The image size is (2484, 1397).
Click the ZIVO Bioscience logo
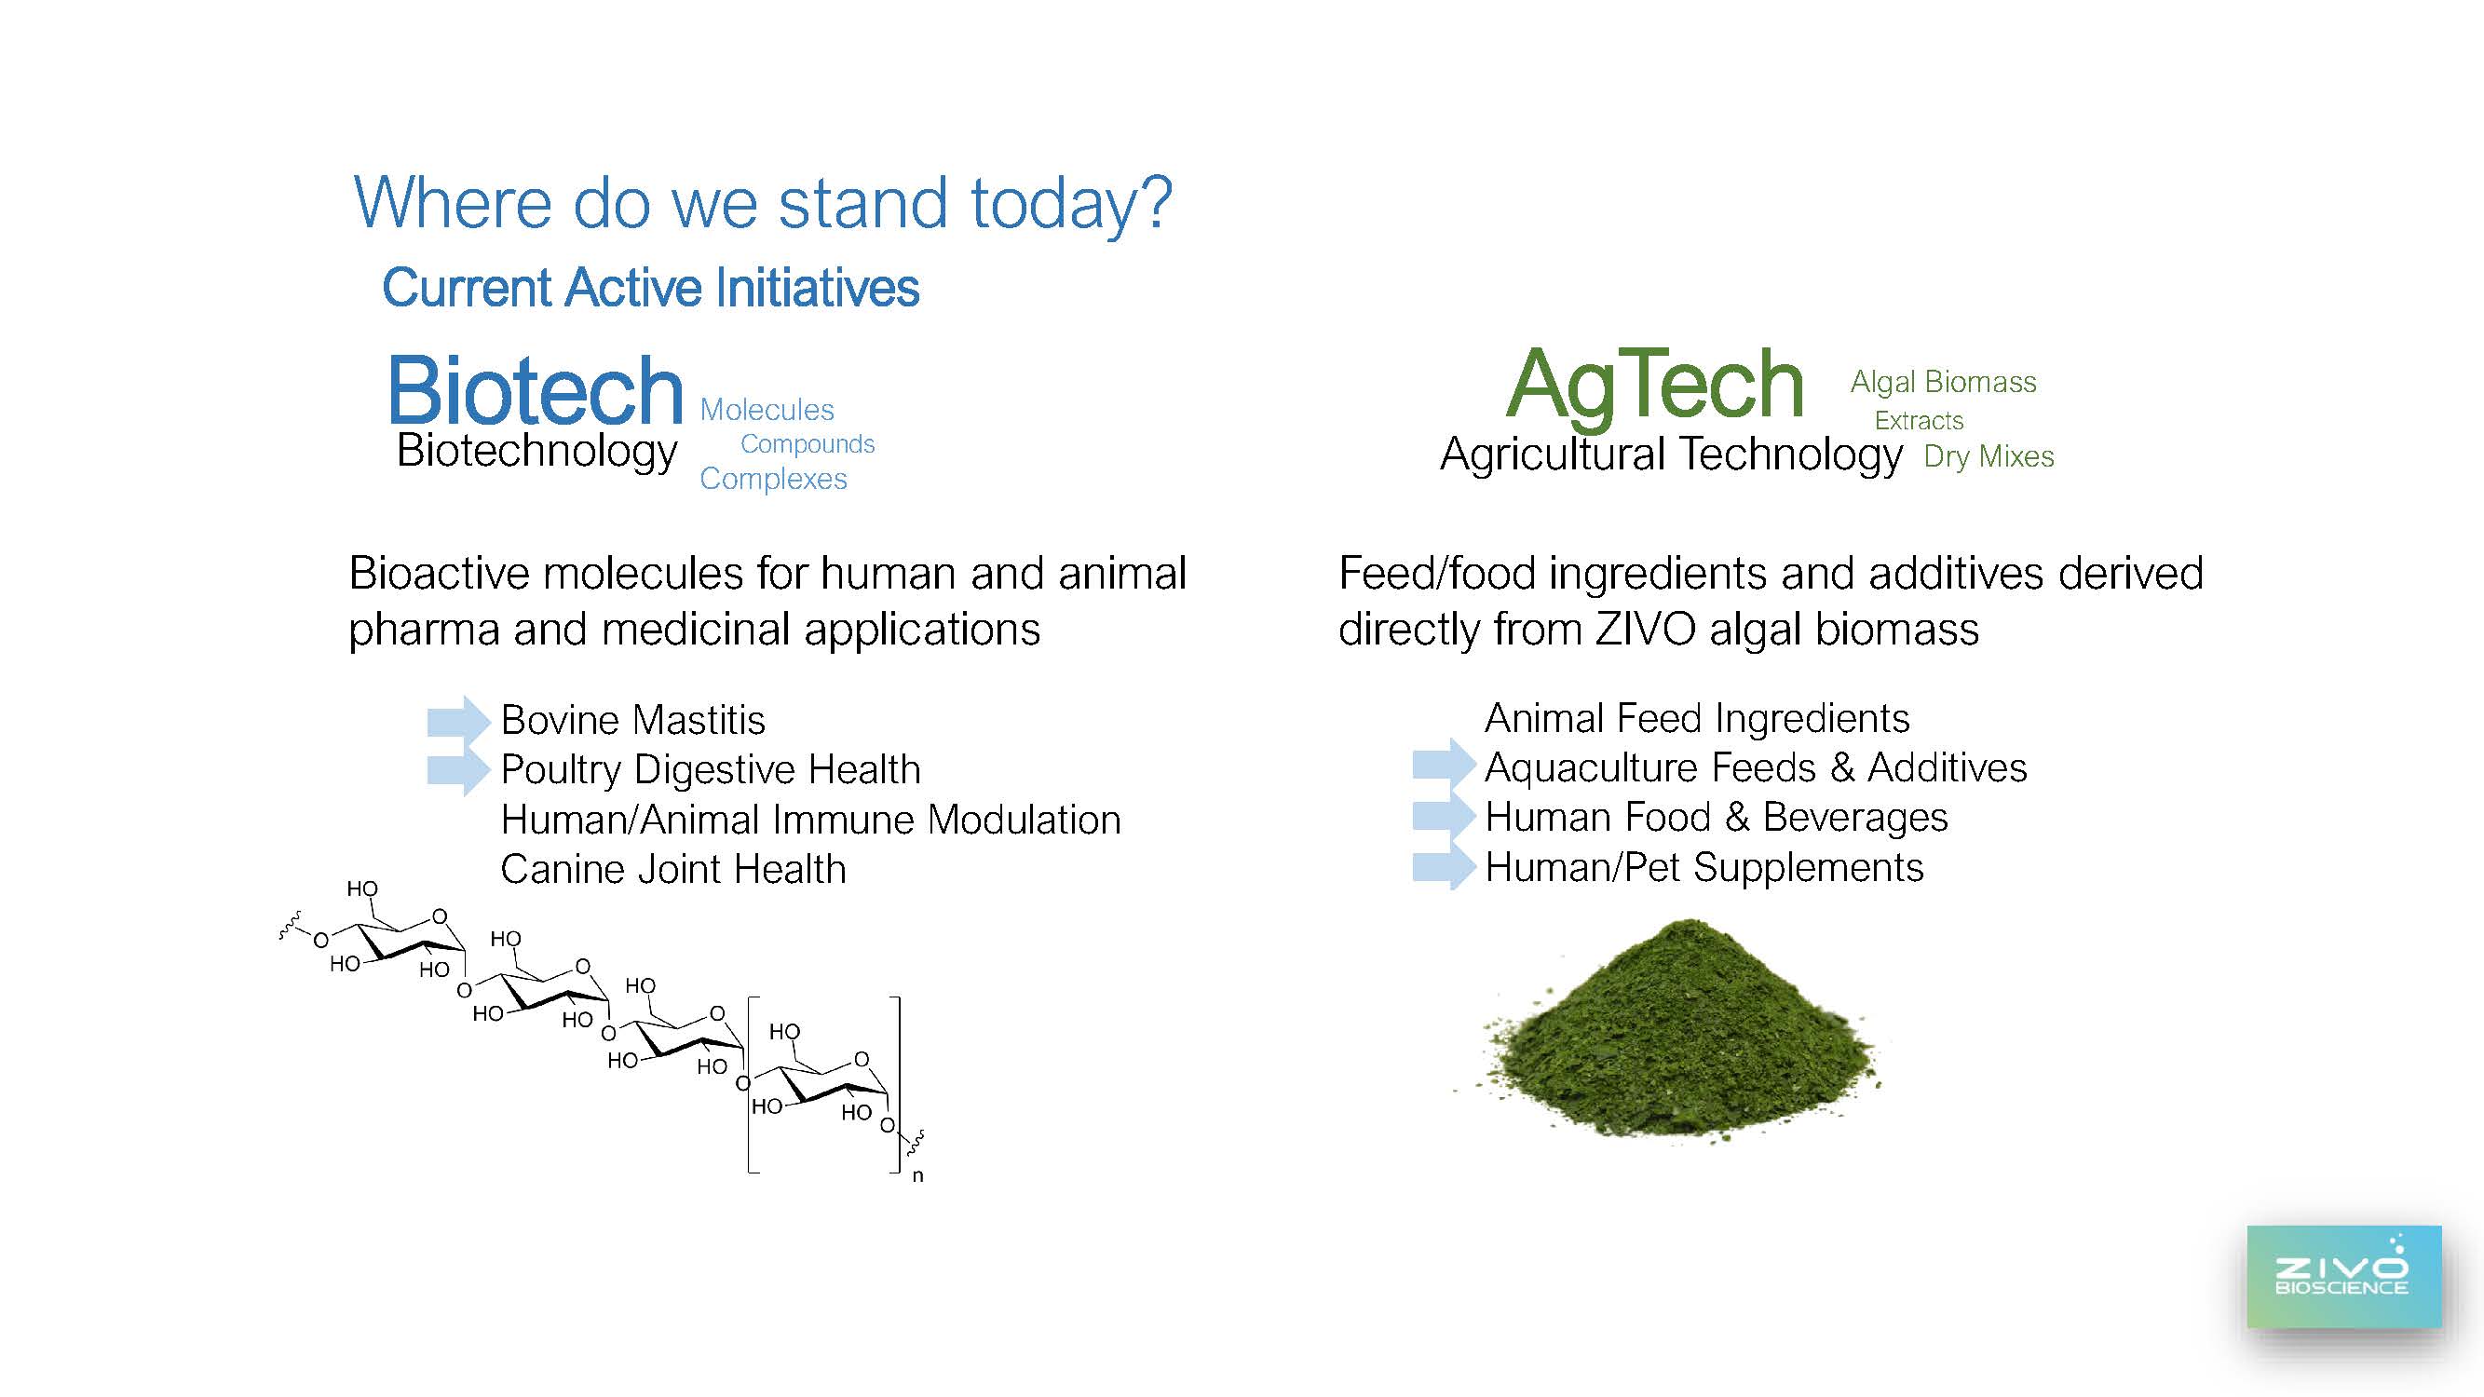[2343, 1277]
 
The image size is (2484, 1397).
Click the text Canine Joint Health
[673, 870]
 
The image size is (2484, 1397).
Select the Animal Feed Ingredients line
[1697, 718]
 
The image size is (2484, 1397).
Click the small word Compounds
[808, 444]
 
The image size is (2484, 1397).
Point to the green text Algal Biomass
[1943, 382]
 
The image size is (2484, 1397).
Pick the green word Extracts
[1919, 420]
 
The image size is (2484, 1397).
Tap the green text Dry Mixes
[1989, 456]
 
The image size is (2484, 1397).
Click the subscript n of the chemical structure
[918, 1176]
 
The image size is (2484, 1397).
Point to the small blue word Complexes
[773, 479]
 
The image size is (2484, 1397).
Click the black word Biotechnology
[537, 451]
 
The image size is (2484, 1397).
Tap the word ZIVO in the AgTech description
[1645, 630]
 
